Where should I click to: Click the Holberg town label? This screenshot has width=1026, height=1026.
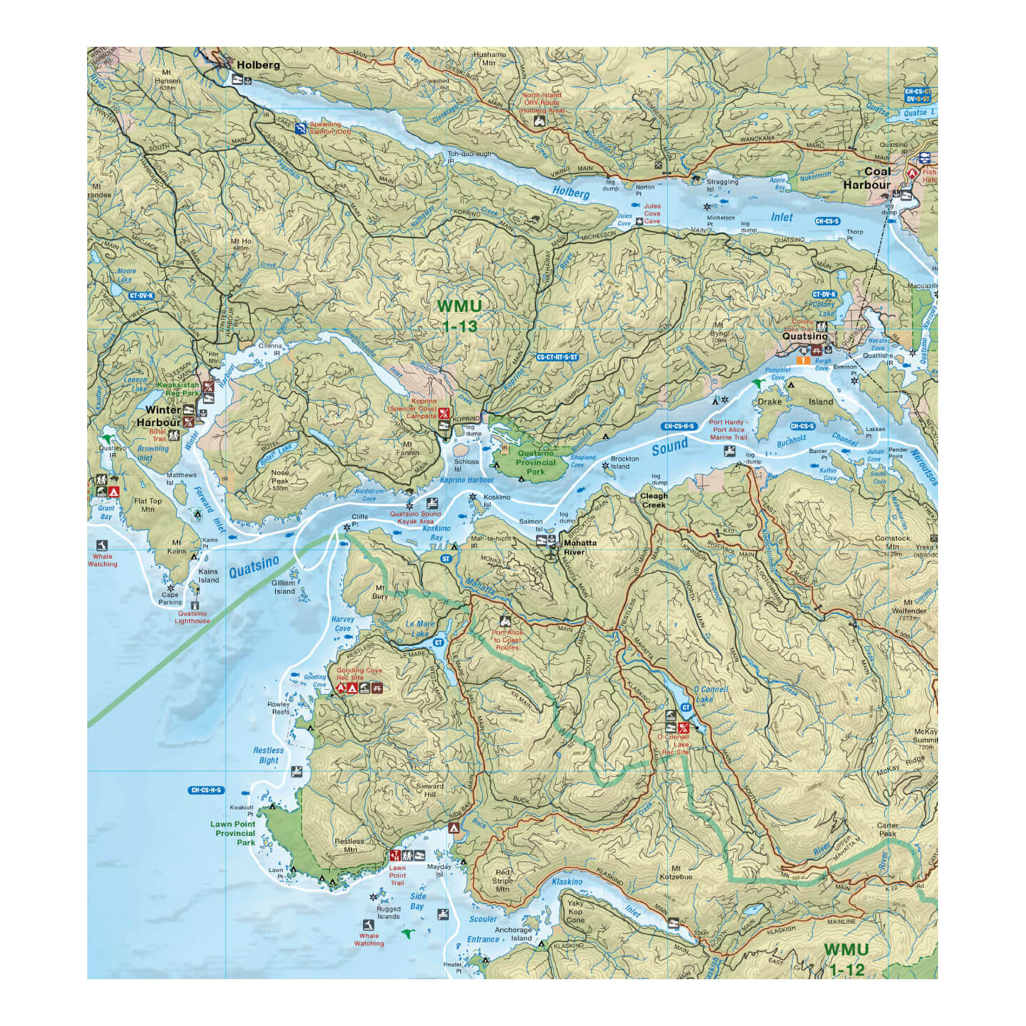coord(258,65)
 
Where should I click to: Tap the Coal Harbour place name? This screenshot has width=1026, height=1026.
coord(868,178)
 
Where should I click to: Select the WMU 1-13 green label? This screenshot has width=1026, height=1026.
coord(459,316)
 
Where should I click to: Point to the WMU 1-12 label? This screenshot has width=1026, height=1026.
coord(846,959)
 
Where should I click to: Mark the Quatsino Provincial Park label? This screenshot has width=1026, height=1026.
coord(536,462)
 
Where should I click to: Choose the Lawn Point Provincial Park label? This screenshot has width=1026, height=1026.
coord(233,833)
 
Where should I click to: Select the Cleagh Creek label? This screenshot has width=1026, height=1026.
coord(654,501)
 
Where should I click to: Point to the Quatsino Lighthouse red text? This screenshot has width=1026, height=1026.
coord(193,618)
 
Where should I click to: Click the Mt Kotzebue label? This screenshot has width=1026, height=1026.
coord(676,872)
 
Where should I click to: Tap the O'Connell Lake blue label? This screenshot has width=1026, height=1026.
coord(710,694)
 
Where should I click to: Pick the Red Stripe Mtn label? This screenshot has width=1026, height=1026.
coord(503,881)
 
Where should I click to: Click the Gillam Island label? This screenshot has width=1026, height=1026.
coord(284,587)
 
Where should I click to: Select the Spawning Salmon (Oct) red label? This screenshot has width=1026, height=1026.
coord(330,128)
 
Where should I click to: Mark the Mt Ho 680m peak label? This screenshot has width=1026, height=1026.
coord(241,245)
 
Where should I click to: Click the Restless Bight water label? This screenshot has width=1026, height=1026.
coord(268,755)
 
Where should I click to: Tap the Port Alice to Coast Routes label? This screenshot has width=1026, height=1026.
coord(508,640)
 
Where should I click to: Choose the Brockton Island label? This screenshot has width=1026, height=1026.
coord(625,462)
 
